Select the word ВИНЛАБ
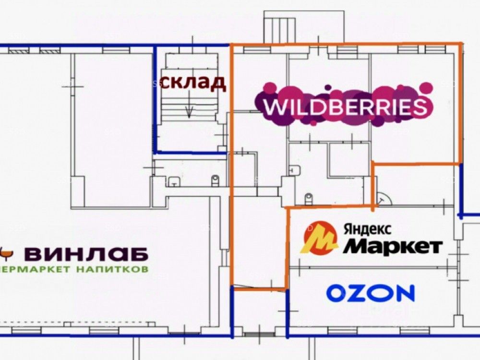click(86, 253)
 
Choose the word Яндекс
click(367, 229)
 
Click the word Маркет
click(393, 246)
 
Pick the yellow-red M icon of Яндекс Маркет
click(319, 238)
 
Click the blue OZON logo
click(370, 293)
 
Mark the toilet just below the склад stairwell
click(215, 180)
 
